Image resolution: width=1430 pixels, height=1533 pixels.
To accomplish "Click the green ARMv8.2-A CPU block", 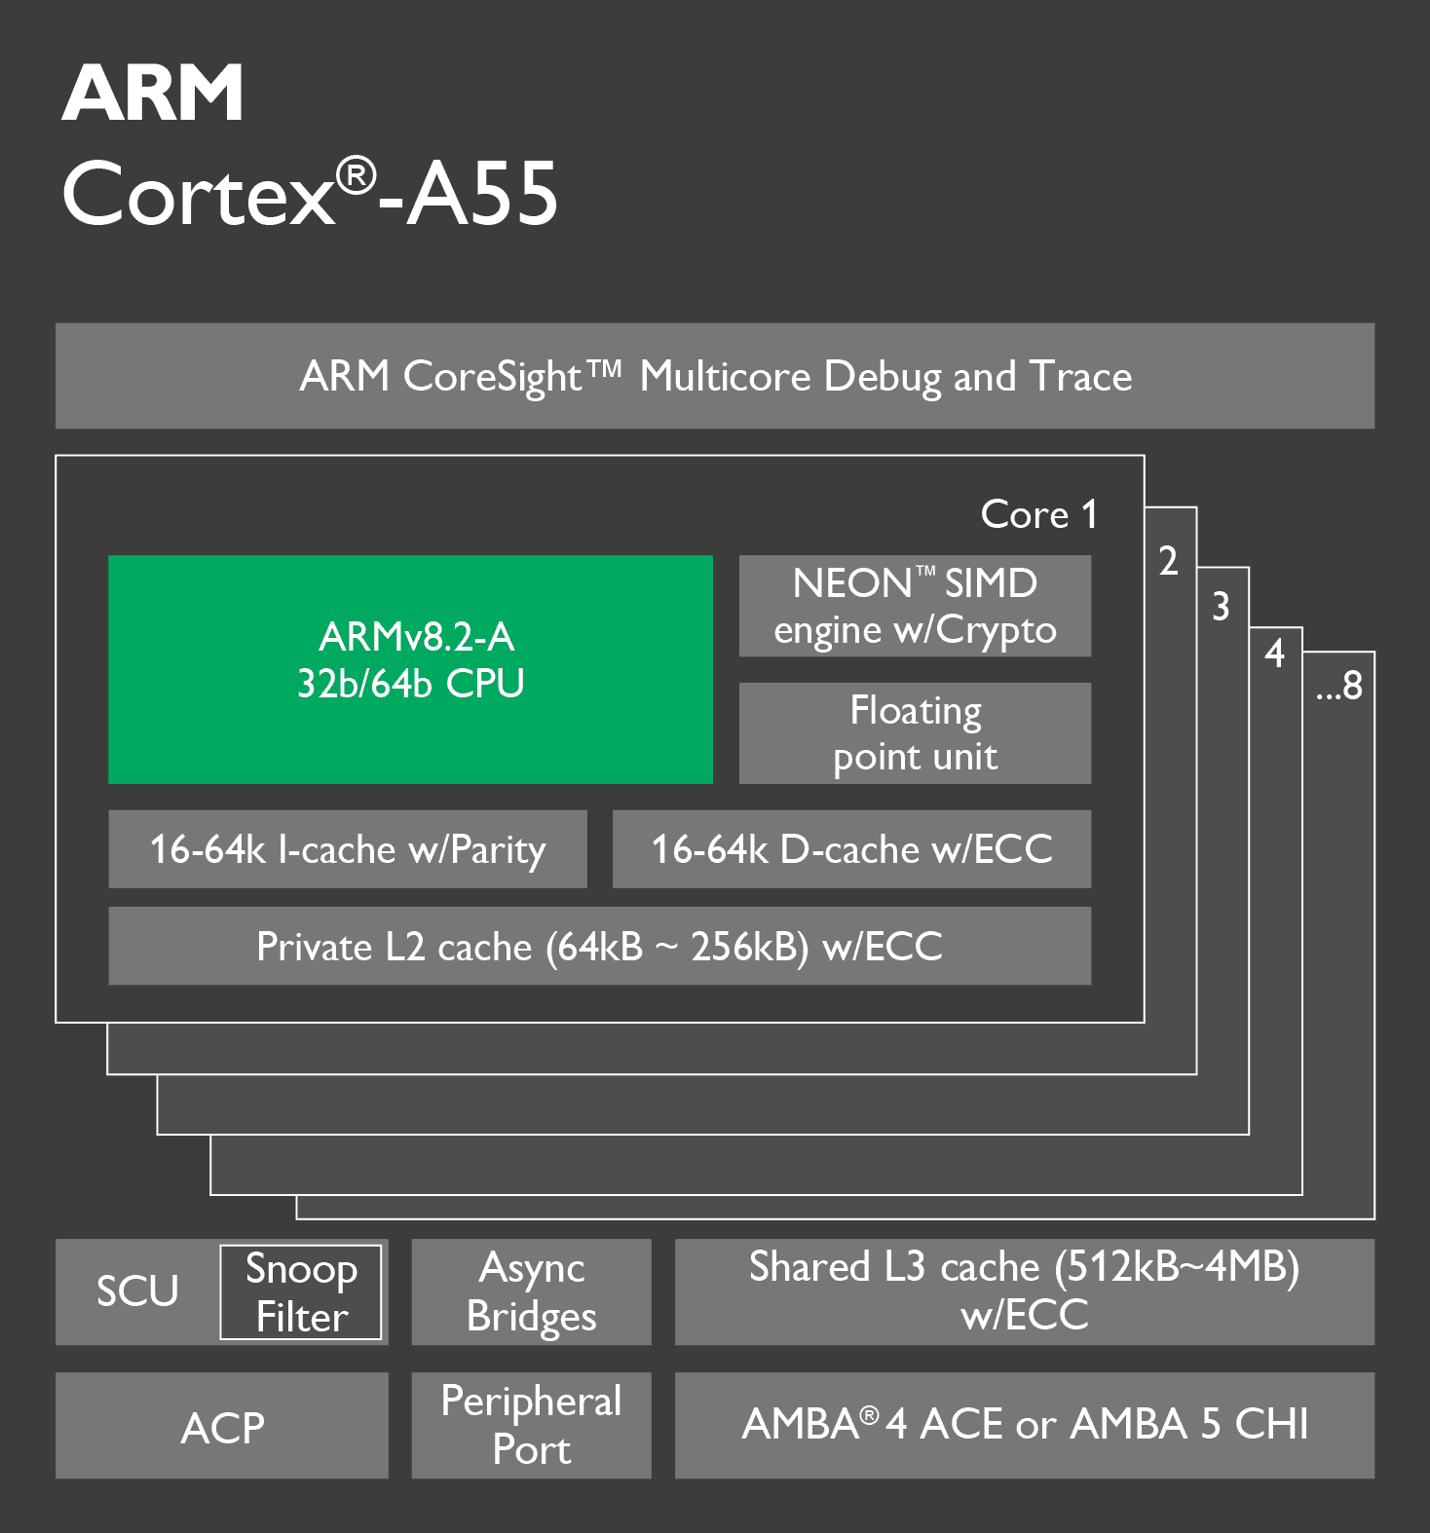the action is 410,669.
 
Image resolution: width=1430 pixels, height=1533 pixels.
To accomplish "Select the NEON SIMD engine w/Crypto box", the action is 915,606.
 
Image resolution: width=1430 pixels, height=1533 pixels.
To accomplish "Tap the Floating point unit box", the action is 915,733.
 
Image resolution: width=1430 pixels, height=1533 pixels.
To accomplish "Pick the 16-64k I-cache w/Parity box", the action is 348,849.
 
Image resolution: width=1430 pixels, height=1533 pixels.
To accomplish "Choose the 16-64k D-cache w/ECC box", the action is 851,849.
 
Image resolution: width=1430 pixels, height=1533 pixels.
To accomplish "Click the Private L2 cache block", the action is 599,946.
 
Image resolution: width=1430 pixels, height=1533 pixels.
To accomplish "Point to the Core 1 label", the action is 1039,514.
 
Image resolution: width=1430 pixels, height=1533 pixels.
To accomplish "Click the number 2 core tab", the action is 1168,561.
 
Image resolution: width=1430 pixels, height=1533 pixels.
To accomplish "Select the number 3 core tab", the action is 1221,607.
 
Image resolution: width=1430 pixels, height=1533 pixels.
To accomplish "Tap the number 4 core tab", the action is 1274,654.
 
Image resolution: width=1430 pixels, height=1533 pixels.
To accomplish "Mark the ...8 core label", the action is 1339,686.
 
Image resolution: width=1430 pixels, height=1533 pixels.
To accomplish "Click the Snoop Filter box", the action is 301,1292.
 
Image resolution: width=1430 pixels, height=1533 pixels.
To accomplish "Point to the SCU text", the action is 137,1291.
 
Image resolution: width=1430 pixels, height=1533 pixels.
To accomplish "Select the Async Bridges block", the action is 531,1292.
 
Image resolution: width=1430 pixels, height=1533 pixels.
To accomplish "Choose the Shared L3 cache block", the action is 1025,1292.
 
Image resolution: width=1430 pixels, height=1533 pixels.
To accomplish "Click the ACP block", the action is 222,1426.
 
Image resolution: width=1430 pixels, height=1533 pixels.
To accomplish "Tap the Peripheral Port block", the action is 531,1426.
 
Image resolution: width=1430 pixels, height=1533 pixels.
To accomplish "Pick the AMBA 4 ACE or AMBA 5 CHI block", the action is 1025,1426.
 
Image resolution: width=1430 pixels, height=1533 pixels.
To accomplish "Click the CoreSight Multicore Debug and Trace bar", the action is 715,376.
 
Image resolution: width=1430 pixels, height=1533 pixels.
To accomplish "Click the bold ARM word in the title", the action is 153,93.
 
